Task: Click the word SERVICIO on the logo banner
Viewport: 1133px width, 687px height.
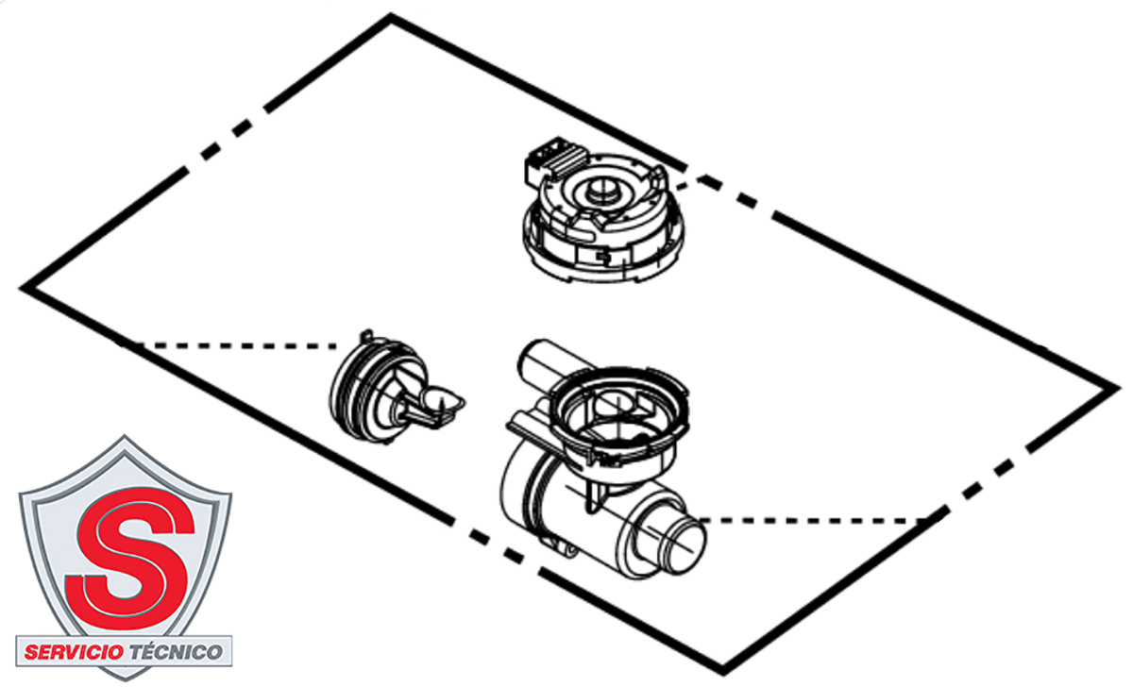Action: click(x=74, y=652)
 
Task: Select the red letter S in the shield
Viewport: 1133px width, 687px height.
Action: click(x=130, y=558)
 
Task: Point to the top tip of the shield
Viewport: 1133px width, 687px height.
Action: click(x=125, y=436)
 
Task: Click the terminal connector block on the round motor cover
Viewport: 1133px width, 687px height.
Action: click(x=556, y=159)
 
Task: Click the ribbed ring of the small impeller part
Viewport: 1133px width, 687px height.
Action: click(x=354, y=389)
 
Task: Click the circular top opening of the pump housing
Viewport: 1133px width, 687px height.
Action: click(x=618, y=409)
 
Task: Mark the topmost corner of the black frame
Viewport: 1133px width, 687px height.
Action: click(x=391, y=15)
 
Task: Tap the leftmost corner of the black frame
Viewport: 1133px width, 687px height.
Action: click(x=20, y=288)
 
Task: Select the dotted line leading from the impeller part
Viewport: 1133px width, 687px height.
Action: click(x=228, y=345)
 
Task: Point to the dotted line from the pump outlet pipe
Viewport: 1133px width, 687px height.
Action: click(x=820, y=520)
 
